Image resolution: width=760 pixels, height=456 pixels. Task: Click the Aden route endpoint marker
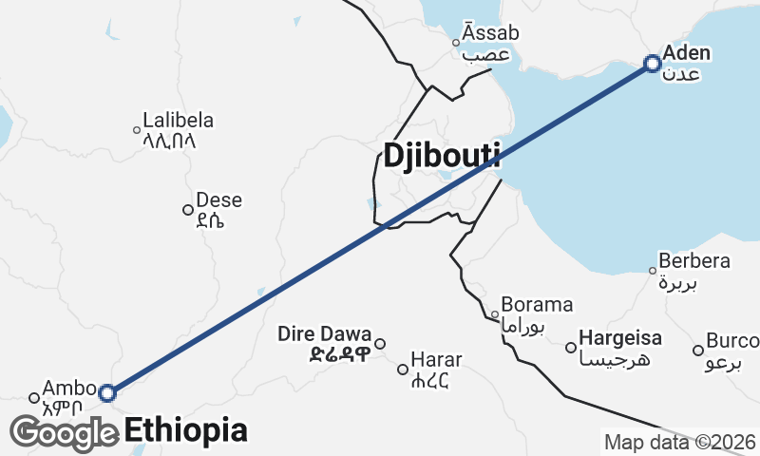652,64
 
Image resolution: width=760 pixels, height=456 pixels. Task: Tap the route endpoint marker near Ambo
107,392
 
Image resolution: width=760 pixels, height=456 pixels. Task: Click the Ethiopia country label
186,429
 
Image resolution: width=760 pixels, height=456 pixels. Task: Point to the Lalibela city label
178,122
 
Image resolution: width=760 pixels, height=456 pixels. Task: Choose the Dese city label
218,201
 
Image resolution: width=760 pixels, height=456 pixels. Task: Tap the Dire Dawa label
325,334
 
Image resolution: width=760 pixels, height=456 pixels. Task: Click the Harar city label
437,360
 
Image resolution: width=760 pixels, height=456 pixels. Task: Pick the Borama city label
537,306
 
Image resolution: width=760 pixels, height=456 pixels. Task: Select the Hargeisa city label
620,337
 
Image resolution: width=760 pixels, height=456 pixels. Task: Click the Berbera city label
695,261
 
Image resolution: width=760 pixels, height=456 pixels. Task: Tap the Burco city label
731,340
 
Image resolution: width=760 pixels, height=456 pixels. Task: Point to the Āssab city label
491,34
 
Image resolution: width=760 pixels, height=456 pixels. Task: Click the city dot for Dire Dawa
380,344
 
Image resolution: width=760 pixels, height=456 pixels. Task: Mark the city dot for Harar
403,369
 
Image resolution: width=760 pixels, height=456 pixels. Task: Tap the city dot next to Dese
188,210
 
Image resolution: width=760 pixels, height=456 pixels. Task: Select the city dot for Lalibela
136,130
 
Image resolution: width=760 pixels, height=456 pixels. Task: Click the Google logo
65,433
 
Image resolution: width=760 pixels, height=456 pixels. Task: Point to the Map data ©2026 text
679,442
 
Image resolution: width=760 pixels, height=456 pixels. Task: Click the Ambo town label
70,389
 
